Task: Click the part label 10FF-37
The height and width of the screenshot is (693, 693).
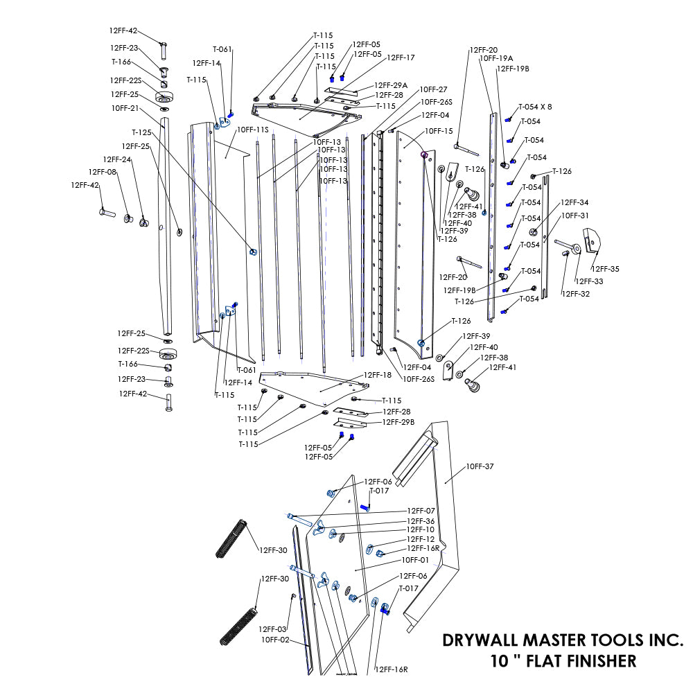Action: pyautogui.click(x=480, y=466)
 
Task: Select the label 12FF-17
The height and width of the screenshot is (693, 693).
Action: pyautogui.click(x=401, y=58)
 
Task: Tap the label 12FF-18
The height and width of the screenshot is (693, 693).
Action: pyautogui.click(x=378, y=375)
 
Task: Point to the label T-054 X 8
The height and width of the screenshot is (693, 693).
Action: pyautogui.click(x=535, y=107)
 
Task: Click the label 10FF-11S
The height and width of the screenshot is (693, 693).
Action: pyautogui.click(x=252, y=130)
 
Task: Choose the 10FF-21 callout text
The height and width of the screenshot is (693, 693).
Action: pyautogui.click(x=125, y=108)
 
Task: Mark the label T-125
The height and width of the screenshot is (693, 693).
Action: pyautogui.click(x=141, y=132)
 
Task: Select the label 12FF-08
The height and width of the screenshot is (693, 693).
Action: pyautogui.click(x=103, y=172)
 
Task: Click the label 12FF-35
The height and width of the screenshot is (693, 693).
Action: pyautogui.click(x=605, y=269)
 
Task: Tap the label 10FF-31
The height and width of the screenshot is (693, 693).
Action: pyautogui.click(x=574, y=216)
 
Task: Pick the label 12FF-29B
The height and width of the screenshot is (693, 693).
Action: pyautogui.click(x=398, y=422)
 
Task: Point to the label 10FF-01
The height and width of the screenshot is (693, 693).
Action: pyautogui.click(x=416, y=559)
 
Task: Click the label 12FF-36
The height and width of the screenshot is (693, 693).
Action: pyautogui.click(x=421, y=521)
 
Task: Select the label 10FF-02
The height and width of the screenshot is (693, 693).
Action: pyautogui.click(x=275, y=640)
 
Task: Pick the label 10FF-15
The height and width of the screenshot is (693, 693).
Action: pyautogui.click(x=439, y=131)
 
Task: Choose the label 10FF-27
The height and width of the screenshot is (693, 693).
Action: pyautogui.click(x=433, y=89)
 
